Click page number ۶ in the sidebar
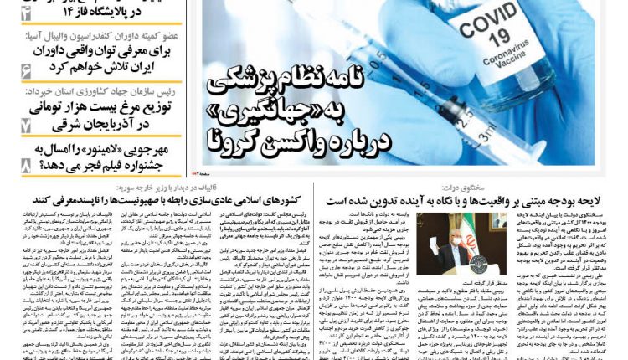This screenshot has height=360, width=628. [26, 71]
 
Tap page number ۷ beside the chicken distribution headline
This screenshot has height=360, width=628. [26, 124]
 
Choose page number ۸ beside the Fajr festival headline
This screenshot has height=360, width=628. [26, 166]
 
